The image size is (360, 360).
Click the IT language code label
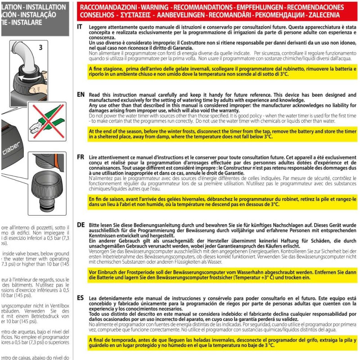[80, 27]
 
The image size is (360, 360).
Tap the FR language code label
[81, 157]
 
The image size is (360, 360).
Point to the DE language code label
[81, 224]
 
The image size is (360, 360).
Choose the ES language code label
[81, 298]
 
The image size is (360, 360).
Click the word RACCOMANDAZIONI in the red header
[107, 8]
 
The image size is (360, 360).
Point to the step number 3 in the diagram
[40, 46]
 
